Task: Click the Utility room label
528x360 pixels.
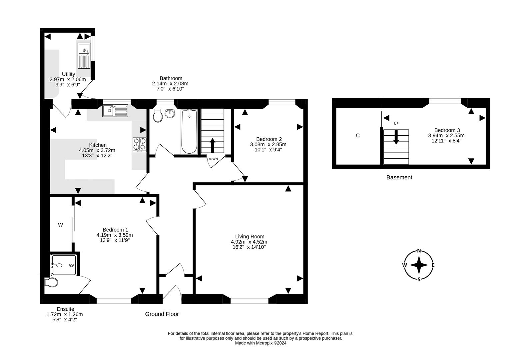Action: pos(68,74)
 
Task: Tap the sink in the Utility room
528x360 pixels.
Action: pos(84,55)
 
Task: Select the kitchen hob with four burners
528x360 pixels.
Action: pos(140,145)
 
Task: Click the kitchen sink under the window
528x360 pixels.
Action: pos(115,110)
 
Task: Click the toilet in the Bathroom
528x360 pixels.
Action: pos(158,116)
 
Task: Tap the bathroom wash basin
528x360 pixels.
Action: pos(170,114)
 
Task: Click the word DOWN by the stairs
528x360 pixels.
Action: pos(213,159)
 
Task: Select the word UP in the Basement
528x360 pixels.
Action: pos(396,124)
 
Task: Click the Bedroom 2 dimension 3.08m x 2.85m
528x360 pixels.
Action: pos(268,144)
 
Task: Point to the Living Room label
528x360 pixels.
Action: pos(250,236)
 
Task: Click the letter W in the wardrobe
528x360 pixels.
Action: pos(60,225)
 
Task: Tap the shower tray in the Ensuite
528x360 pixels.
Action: pos(64,265)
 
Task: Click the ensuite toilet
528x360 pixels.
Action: pos(51,282)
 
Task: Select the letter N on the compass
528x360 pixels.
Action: pos(419,251)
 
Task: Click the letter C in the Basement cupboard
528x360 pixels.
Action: pos(358,136)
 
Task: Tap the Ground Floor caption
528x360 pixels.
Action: pos(162,314)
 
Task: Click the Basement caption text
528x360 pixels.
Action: pos(399,177)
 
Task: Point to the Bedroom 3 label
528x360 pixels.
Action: pos(447,130)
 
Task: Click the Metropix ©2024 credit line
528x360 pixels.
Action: pos(261,343)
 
